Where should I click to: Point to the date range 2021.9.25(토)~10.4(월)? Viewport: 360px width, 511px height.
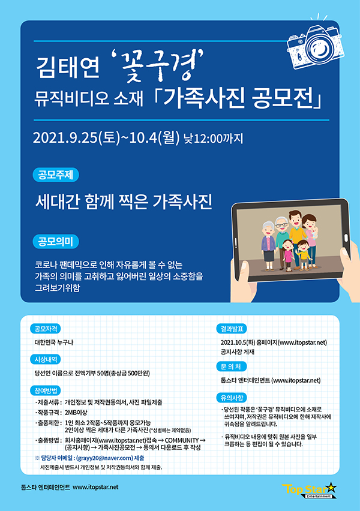click(106, 138)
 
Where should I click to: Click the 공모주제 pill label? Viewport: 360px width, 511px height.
click(56, 175)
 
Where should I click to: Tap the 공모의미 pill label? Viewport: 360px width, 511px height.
click(56, 242)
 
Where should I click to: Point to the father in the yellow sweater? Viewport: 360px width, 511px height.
click(296, 238)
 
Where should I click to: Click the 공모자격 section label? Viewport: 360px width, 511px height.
click(46, 329)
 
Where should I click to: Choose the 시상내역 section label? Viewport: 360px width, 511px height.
click(46, 359)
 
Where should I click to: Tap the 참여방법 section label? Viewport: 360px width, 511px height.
click(46, 390)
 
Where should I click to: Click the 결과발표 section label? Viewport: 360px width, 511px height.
click(232, 329)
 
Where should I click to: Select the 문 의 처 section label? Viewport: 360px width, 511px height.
click(232, 366)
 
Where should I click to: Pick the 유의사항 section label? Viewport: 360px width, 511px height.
click(232, 398)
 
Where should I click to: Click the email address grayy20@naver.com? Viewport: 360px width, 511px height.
click(104, 458)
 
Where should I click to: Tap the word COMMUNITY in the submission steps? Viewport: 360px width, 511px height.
click(182, 440)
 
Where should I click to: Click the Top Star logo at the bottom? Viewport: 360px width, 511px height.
click(309, 490)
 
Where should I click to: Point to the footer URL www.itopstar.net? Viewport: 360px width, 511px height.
click(95, 487)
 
